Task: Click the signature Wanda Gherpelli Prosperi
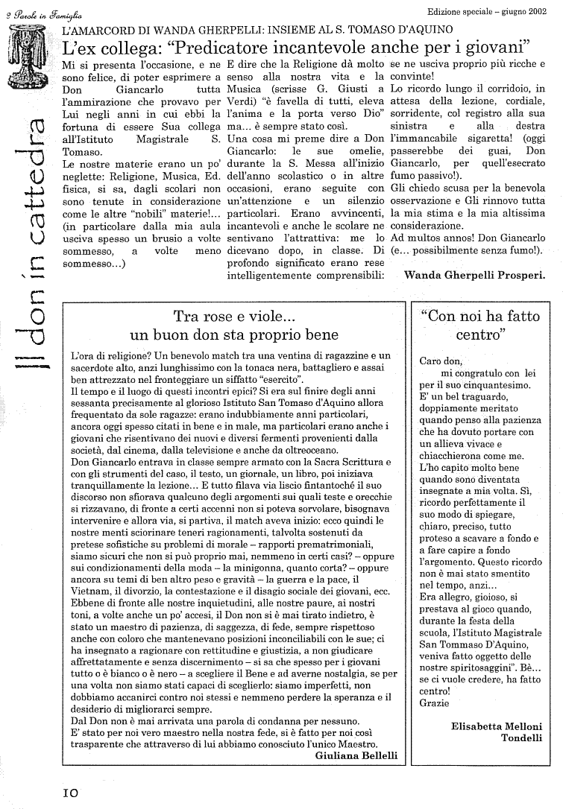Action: (474, 273)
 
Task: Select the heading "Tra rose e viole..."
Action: (234, 316)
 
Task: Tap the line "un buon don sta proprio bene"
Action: (234, 334)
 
